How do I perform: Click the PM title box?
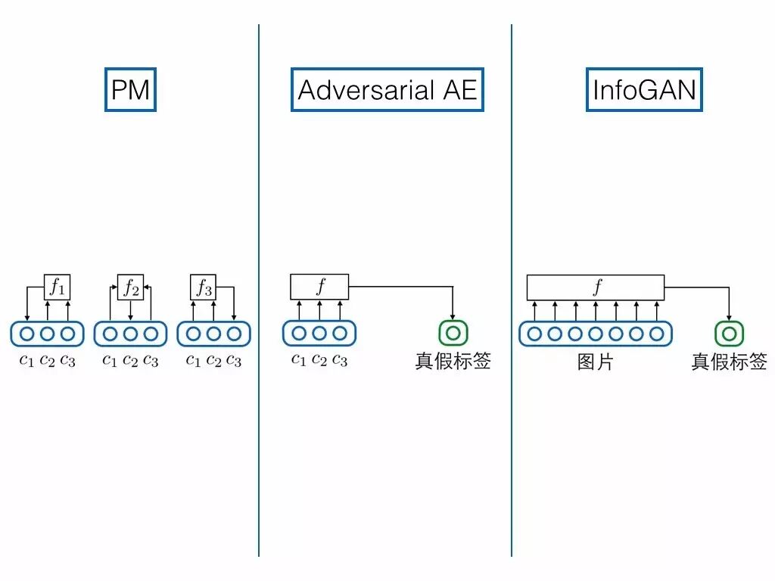(130, 90)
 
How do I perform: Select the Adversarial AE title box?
(387, 90)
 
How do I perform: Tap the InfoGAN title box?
(644, 90)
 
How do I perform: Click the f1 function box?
(57, 287)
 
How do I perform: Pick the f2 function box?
(130, 287)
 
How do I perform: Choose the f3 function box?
(204, 287)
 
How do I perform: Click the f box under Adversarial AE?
(319, 287)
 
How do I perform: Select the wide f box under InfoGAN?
(596, 287)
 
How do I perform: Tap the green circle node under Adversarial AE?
(453, 333)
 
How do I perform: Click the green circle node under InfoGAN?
(730, 333)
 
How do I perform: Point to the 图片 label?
(596, 362)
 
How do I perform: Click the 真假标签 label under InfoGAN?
(730, 362)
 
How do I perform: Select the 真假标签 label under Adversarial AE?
(453, 361)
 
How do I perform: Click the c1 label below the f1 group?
(27, 360)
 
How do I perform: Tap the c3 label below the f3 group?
(234, 360)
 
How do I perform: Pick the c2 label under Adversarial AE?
(319, 359)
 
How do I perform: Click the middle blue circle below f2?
(130, 333)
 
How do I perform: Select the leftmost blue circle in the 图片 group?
(535, 333)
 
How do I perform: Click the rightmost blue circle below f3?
(234, 333)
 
